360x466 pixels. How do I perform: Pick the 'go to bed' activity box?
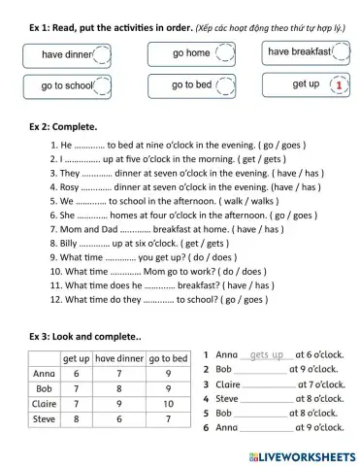point(192,85)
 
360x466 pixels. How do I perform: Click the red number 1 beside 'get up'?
point(339,85)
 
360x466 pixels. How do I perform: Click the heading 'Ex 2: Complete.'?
point(64,127)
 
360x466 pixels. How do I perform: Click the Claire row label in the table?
point(44,404)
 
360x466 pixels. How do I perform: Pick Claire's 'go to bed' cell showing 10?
point(168,404)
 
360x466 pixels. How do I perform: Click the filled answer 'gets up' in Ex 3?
point(266,356)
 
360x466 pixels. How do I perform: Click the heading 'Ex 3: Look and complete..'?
point(86,336)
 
